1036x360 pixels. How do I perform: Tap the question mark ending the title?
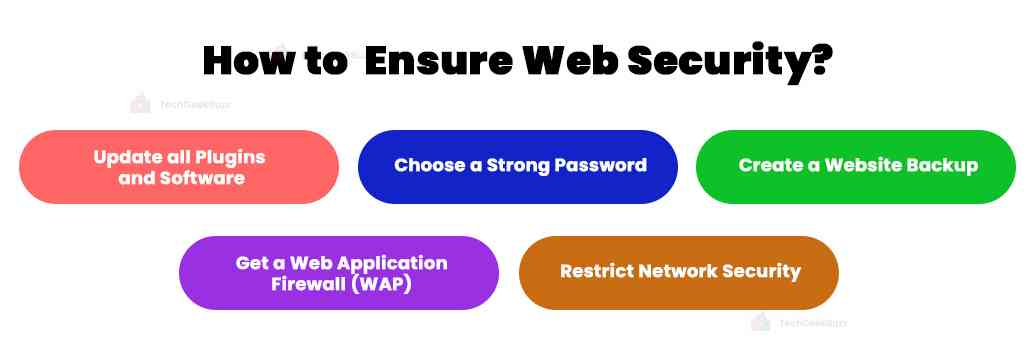click(x=821, y=61)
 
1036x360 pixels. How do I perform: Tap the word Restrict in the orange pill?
click(x=597, y=271)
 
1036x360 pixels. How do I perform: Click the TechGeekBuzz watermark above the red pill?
click(x=181, y=104)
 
